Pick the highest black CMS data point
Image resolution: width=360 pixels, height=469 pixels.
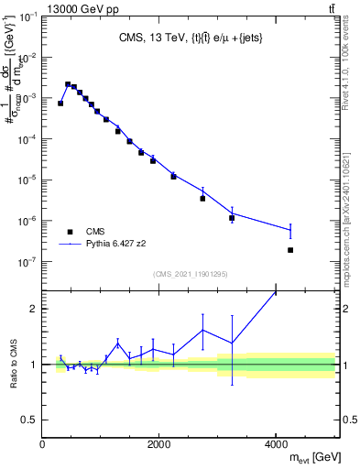point(68,84)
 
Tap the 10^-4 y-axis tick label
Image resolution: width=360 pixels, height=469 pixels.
point(28,139)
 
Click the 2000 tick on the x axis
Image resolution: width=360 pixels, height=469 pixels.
point(159,444)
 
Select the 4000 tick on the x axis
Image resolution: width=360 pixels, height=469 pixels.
point(277,444)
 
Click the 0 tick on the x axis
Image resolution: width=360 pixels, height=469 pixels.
point(43,444)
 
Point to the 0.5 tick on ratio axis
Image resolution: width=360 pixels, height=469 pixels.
point(30,420)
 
